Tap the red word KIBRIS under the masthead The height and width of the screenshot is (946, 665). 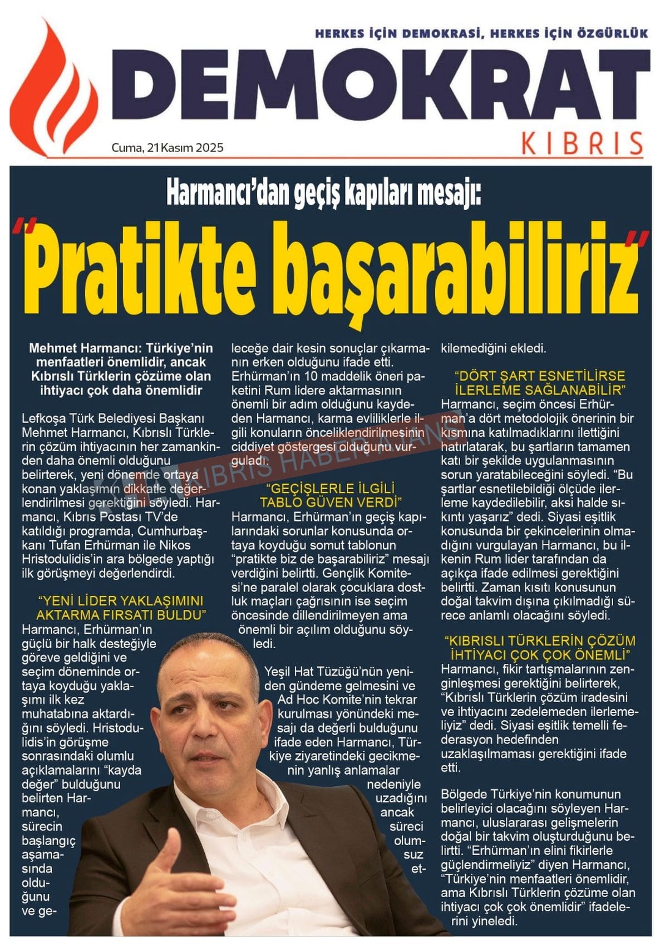[x=582, y=144]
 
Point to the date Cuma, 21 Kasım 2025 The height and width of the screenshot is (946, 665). [x=168, y=147]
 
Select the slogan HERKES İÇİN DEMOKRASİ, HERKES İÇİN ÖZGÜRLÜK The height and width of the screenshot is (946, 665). [x=481, y=34]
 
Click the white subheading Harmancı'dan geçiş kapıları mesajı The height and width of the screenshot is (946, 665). [x=323, y=191]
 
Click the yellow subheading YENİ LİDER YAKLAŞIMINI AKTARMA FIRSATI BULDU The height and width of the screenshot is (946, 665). [x=120, y=608]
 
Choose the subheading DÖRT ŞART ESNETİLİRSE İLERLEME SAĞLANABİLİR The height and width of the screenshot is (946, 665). [x=540, y=382]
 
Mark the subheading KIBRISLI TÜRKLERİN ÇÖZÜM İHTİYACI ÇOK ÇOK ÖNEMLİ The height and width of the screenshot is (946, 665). [x=539, y=647]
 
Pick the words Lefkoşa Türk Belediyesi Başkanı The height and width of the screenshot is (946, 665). [x=114, y=418]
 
